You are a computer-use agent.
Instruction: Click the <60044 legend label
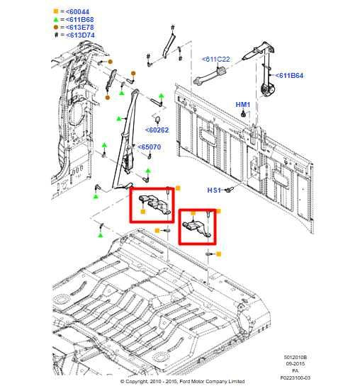click(77, 11)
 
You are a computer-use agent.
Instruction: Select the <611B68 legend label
click(80, 19)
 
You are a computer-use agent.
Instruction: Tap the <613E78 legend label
click(80, 28)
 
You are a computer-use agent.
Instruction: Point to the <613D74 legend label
click(80, 35)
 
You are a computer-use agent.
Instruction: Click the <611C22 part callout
click(215, 59)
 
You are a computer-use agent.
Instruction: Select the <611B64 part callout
click(289, 76)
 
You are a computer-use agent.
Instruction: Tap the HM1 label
click(243, 105)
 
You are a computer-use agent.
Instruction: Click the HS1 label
click(214, 191)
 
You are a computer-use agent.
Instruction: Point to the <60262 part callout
click(157, 130)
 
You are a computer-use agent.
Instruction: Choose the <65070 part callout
click(150, 147)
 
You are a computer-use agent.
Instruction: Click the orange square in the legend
click(56, 11)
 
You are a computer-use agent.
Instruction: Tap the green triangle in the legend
click(56, 19)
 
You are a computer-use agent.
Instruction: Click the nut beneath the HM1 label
click(244, 114)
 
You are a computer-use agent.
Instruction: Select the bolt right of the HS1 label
click(229, 190)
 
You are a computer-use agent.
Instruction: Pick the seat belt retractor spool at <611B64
click(267, 89)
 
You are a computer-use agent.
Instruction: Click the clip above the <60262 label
click(157, 119)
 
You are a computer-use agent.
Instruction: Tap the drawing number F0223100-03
click(296, 378)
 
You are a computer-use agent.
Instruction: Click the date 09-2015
click(296, 363)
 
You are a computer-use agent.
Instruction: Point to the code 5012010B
click(296, 357)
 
